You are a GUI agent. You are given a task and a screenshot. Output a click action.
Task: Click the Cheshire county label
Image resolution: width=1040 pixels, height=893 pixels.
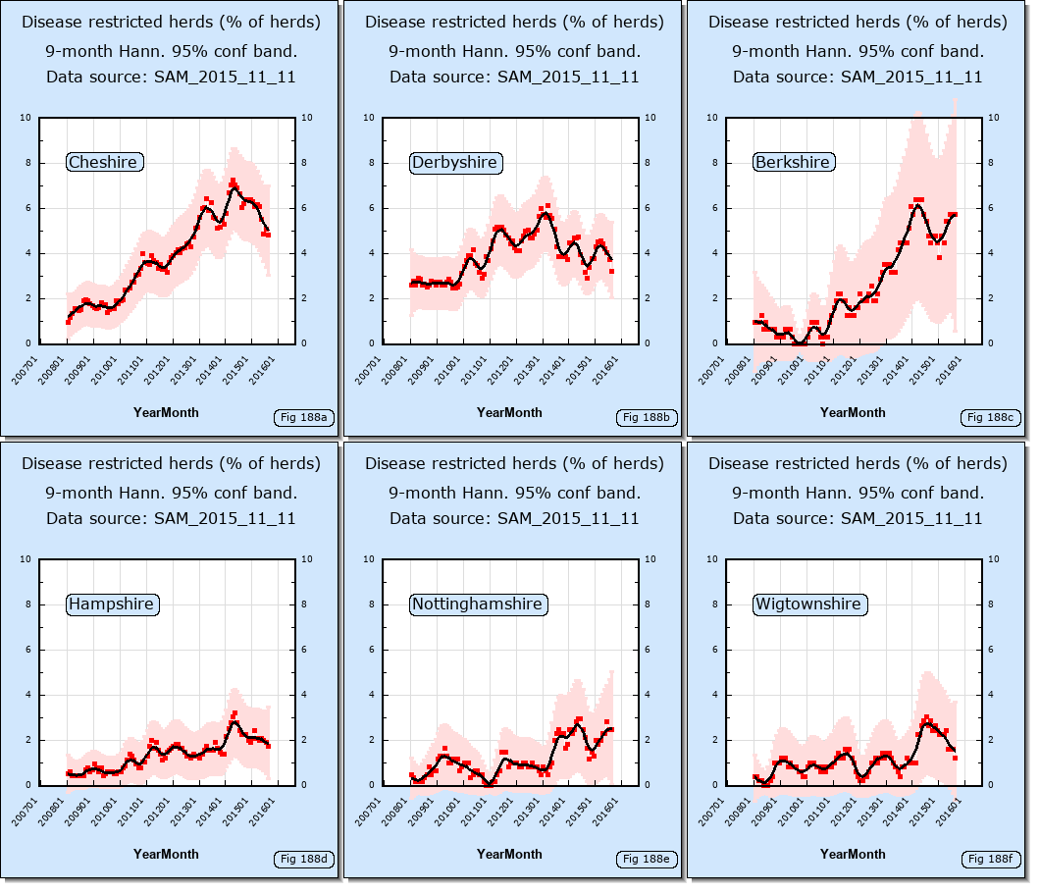click(104, 162)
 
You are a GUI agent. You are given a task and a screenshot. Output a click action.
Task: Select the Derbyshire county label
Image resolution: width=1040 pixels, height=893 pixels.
click(454, 162)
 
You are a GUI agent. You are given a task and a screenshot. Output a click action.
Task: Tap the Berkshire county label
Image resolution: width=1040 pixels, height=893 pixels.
click(792, 162)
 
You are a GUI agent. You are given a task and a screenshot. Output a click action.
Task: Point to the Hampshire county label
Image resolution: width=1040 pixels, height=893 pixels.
click(111, 604)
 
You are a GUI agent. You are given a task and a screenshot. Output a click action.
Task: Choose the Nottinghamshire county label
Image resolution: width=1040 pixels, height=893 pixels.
click(477, 604)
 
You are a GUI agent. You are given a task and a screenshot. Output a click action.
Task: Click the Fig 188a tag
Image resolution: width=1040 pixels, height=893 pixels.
click(304, 418)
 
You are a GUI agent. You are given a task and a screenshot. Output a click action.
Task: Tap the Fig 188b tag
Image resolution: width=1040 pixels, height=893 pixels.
click(648, 418)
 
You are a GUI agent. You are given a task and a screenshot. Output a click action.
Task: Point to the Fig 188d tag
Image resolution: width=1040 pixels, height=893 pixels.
click(304, 860)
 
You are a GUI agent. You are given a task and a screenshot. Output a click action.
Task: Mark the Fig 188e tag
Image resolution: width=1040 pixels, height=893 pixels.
click(648, 860)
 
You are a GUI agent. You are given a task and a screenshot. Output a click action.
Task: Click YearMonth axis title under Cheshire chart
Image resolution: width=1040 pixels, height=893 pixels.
click(166, 412)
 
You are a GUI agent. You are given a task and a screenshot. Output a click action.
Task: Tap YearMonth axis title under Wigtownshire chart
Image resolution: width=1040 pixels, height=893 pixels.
click(853, 854)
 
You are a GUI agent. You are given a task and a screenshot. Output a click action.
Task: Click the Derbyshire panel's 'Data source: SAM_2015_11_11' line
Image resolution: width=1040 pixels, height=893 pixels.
click(514, 77)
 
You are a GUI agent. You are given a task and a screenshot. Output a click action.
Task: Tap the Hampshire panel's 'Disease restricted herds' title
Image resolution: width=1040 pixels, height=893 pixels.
click(171, 463)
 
